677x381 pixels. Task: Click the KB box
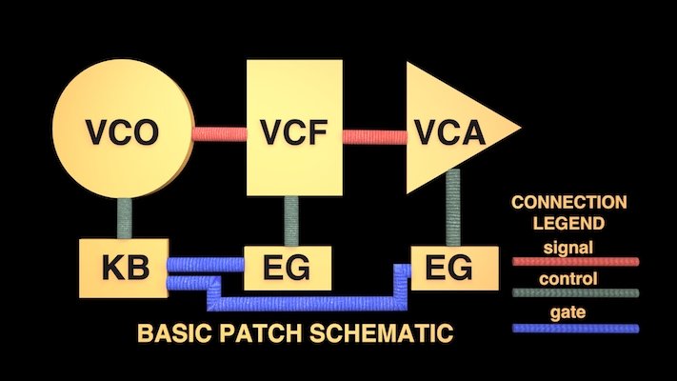click(125, 267)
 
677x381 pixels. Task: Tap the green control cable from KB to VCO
click(125, 220)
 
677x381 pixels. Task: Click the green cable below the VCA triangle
click(455, 206)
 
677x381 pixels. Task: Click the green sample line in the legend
click(574, 293)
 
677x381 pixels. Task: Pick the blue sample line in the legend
click(574, 328)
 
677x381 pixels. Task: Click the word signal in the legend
click(569, 248)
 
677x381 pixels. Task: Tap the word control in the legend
click(569, 279)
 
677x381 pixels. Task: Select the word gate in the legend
click(569, 312)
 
